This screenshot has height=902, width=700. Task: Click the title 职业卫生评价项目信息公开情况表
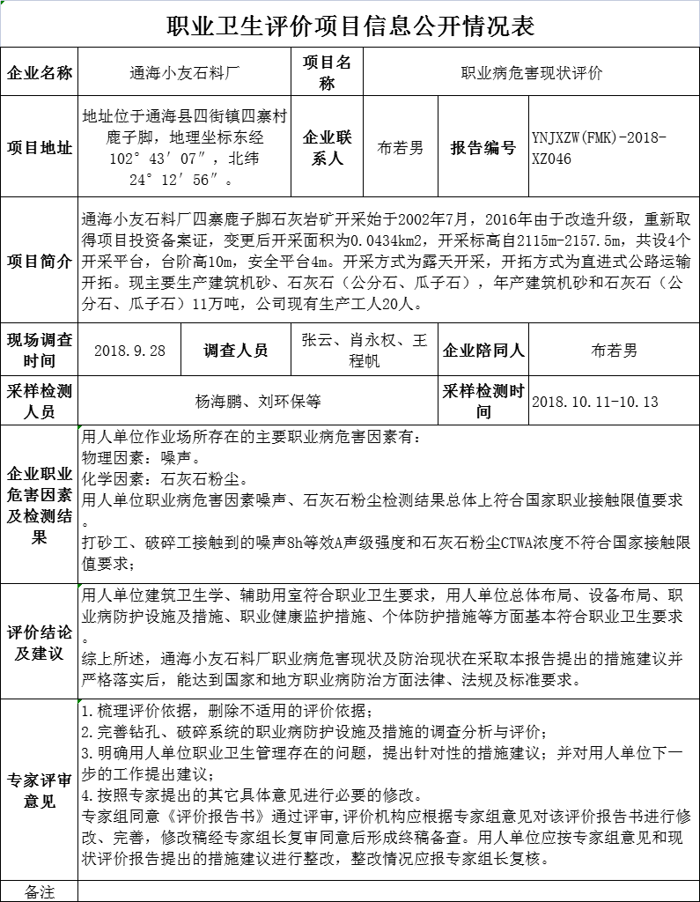[x=350, y=26]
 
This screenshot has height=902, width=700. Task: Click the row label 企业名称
[x=40, y=73]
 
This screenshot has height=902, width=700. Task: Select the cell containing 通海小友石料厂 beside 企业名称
[x=184, y=73]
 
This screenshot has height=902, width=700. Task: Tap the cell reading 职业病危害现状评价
[x=532, y=73]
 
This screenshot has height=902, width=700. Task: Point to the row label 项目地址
[x=40, y=147]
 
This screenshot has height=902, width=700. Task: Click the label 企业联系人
[x=327, y=147]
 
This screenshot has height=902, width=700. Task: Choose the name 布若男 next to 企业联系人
[x=400, y=147]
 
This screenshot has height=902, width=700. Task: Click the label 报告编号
[x=483, y=147]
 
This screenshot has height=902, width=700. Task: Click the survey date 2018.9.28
[x=129, y=350]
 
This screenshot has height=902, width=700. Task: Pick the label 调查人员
[x=235, y=350]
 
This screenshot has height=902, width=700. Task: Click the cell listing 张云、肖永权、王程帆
[x=364, y=350]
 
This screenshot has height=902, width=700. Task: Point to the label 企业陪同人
[x=483, y=350]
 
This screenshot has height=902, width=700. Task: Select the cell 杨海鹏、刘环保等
[x=258, y=402]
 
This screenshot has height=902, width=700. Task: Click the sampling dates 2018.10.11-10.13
[x=595, y=402]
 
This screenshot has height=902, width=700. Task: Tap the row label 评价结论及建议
[x=40, y=642]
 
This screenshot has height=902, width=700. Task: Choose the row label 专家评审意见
[x=40, y=790]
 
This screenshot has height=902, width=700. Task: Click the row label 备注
[x=40, y=891]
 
